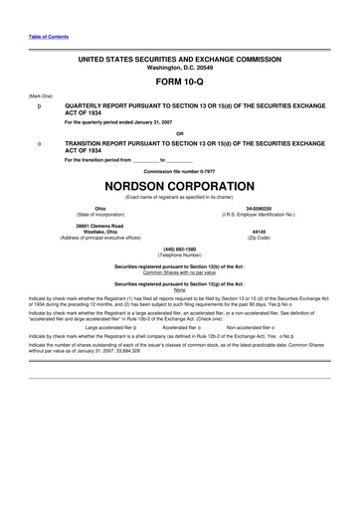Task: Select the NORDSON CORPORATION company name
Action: pyautogui.click(x=180, y=187)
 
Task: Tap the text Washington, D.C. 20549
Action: pyautogui.click(x=180, y=69)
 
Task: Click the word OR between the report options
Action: pyautogui.click(x=180, y=132)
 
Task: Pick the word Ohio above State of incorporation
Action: pyautogui.click(x=100, y=208)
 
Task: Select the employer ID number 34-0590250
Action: pyautogui.click(x=259, y=208)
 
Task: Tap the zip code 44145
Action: pyautogui.click(x=259, y=232)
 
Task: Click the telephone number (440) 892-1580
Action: pyautogui.click(x=180, y=249)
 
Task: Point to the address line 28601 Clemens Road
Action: pyautogui.click(x=100, y=226)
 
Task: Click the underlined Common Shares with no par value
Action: pyautogui.click(x=180, y=272)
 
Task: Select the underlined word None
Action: pyautogui.click(x=180, y=290)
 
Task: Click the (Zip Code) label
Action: pyautogui.click(x=259, y=238)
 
